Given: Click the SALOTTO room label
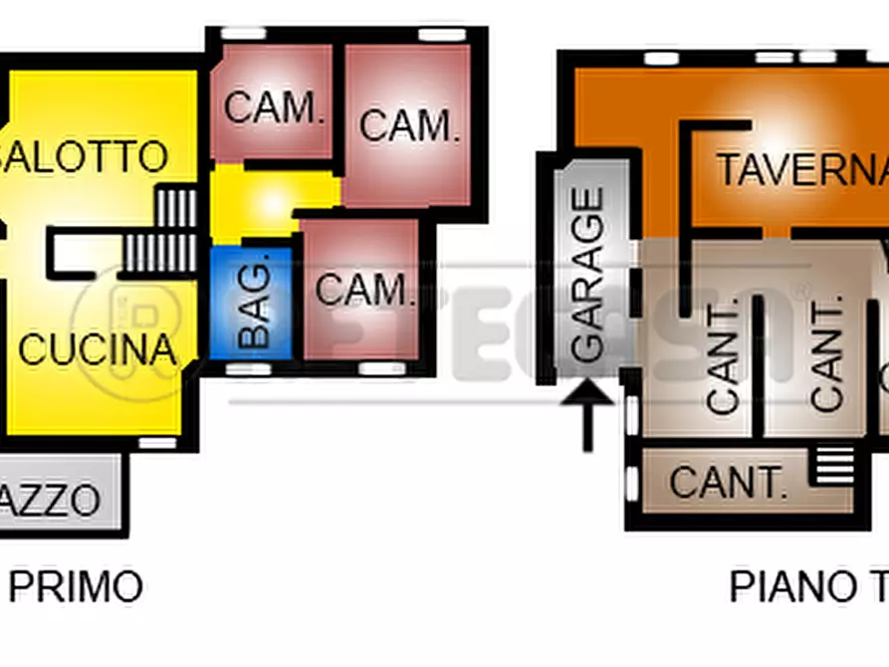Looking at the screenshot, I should pyautogui.click(x=84, y=156).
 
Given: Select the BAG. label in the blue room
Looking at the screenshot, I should pyautogui.click(x=255, y=304).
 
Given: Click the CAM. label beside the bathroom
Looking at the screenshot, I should pyautogui.click(x=363, y=290).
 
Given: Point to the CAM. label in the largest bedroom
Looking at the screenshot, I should pyautogui.click(x=409, y=125).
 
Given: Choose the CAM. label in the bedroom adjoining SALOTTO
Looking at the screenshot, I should pyautogui.click(x=275, y=107).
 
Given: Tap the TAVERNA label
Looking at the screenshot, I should pyautogui.click(x=801, y=169).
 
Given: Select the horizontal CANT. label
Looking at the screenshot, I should pyautogui.click(x=728, y=483).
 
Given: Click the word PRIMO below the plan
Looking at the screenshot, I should pyautogui.click(x=77, y=586).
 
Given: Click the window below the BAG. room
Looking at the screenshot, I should pyautogui.click(x=248, y=369).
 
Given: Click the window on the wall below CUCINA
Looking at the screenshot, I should pyautogui.click(x=157, y=442).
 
